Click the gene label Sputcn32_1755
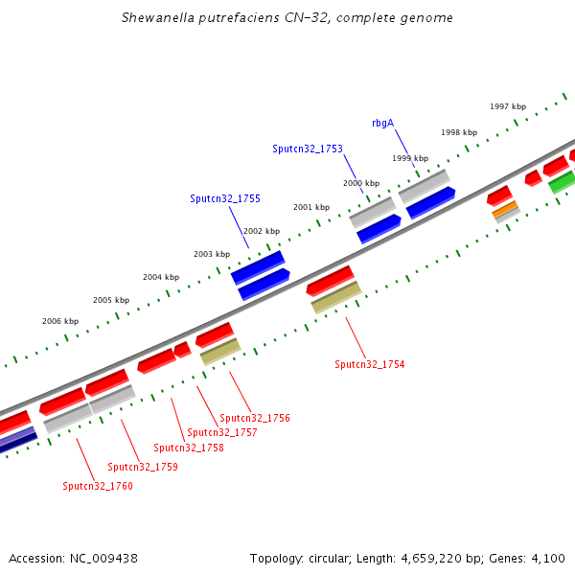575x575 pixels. [x=225, y=199]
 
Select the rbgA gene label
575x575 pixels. [x=382, y=123]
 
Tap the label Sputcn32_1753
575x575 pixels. [x=308, y=149]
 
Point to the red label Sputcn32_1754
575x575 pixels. [x=370, y=364]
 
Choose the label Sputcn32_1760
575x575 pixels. [x=98, y=486]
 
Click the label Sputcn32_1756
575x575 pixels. [x=255, y=418]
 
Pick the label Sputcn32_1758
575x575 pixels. [x=189, y=448]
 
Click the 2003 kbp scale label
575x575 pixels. [x=212, y=254]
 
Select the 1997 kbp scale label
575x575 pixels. [x=508, y=106]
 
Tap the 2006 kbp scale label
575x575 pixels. [x=60, y=321]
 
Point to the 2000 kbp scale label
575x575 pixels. [x=361, y=183]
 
